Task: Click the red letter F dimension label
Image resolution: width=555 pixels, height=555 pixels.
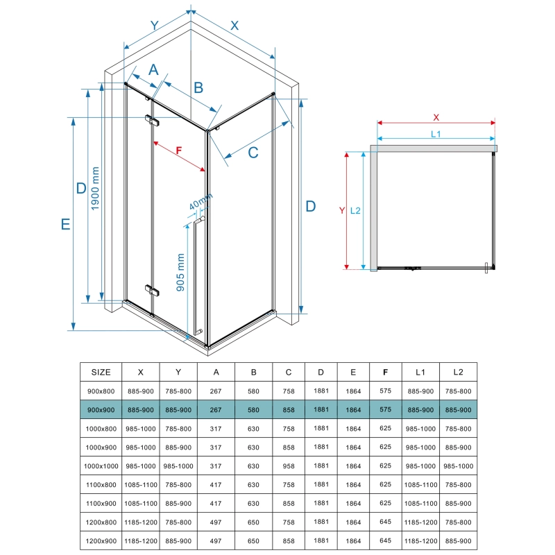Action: pos(179,151)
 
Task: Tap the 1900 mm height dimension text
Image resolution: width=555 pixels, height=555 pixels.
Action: pos(95,189)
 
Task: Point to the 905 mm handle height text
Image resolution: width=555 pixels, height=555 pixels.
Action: pos(180,272)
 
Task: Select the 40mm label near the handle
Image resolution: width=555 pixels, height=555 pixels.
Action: pos(200,201)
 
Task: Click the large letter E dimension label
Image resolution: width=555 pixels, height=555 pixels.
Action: pos(65,224)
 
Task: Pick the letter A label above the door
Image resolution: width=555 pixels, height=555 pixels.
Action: pos(153,70)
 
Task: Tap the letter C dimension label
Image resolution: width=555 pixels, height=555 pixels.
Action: pos(253,153)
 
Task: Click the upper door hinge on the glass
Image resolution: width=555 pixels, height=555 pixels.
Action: pos(152,120)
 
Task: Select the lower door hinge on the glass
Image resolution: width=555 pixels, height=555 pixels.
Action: pos(152,290)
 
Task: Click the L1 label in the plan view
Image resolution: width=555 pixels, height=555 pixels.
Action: pos(436,134)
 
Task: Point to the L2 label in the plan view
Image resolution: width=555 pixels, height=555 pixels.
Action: pos(355,211)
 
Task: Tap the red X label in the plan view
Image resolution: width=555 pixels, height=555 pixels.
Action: pos(436,117)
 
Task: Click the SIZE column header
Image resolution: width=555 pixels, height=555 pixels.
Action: pos(101,372)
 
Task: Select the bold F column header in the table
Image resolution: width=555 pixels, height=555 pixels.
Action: pos(386,372)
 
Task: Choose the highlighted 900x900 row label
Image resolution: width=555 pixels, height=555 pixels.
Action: pos(101,410)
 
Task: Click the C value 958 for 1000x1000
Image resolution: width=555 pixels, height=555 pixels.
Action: pos(289,466)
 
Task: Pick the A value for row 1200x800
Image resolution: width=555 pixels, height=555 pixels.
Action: pos(216,522)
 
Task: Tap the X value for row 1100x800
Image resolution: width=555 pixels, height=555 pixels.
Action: pos(141,485)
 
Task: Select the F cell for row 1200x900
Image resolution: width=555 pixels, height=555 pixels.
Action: pos(386,540)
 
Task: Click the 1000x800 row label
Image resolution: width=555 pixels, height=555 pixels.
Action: pos(101,429)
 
